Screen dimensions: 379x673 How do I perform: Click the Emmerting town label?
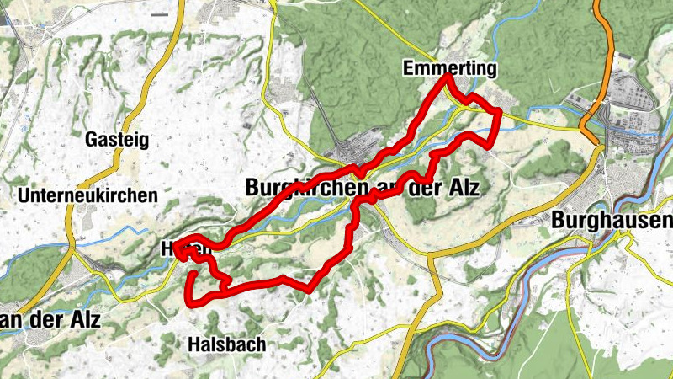[x=450, y=67]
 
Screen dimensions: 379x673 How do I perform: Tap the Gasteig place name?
[x=117, y=140]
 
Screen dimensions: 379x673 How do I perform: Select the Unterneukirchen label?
[x=87, y=195]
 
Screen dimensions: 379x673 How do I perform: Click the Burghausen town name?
[x=613, y=221]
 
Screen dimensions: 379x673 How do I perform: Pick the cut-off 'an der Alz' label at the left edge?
[x=50, y=320]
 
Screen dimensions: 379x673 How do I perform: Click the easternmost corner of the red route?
[x=499, y=111]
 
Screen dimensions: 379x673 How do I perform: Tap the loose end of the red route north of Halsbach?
[x=194, y=272]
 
